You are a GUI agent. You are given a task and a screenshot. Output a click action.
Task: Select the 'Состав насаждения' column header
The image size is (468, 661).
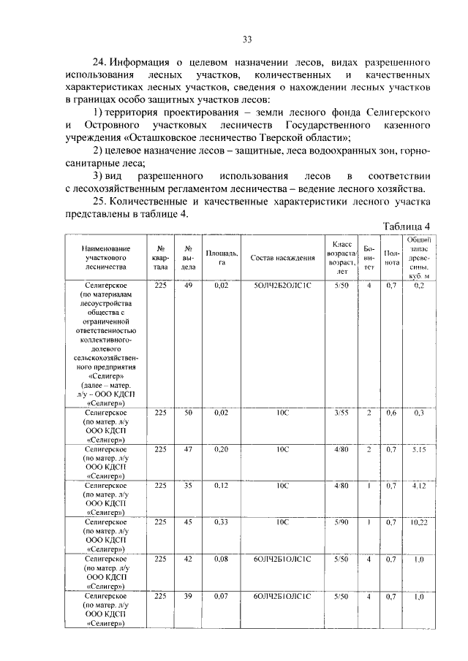pos(282,258)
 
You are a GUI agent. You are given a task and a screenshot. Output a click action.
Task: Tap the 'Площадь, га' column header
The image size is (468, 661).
pos(217,258)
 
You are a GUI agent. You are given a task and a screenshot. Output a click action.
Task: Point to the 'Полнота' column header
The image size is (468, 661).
pos(393,258)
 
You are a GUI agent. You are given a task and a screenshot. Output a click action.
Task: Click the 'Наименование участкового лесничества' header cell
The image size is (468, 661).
pos(107,258)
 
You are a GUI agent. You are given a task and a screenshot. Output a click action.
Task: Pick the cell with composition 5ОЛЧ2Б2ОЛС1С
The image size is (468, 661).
pos(282,286)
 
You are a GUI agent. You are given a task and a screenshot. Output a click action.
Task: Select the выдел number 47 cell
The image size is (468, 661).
pos(188,449)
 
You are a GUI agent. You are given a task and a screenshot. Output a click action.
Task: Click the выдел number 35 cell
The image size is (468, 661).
pos(188,486)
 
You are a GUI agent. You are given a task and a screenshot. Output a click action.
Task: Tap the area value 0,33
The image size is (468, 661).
pos(217,522)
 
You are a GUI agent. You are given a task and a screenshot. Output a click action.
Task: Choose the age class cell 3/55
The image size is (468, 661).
pos(341,413)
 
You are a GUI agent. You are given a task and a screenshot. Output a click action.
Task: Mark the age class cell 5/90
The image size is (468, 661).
pos(341,522)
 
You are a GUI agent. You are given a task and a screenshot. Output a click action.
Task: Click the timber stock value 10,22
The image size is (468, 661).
pos(419,522)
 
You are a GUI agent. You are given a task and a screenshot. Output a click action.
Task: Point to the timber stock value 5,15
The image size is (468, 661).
pos(419,449)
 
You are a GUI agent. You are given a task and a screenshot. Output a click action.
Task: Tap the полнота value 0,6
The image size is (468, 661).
pos(393,413)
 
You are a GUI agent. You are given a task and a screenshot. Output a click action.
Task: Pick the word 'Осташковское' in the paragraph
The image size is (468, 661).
pos(171,138)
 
